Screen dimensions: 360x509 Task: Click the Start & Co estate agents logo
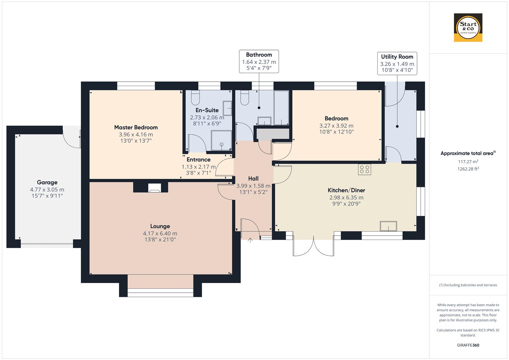(x=468, y=28)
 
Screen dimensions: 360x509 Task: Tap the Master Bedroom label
(x=136, y=127)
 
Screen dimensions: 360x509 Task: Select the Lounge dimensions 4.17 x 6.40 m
(x=160, y=233)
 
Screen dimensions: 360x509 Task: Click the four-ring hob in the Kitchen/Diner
(x=364, y=169)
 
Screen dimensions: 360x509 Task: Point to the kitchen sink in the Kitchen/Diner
(x=388, y=226)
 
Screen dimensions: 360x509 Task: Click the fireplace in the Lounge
(x=154, y=188)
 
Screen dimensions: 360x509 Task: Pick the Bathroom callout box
(x=259, y=62)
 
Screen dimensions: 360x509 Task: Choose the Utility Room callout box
(x=397, y=63)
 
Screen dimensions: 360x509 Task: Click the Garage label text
(x=47, y=182)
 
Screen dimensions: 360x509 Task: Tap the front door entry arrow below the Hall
(x=250, y=240)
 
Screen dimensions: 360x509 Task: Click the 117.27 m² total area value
(x=468, y=162)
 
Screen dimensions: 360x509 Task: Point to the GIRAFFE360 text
(x=468, y=345)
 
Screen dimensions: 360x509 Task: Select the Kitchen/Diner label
(x=346, y=190)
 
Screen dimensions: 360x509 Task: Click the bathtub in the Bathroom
(x=281, y=107)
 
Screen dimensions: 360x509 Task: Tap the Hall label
(x=253, y=179)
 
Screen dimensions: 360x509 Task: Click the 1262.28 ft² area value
(x=468, y=169)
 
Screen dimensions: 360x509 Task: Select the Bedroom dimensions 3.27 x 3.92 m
(x=336, y=126)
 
